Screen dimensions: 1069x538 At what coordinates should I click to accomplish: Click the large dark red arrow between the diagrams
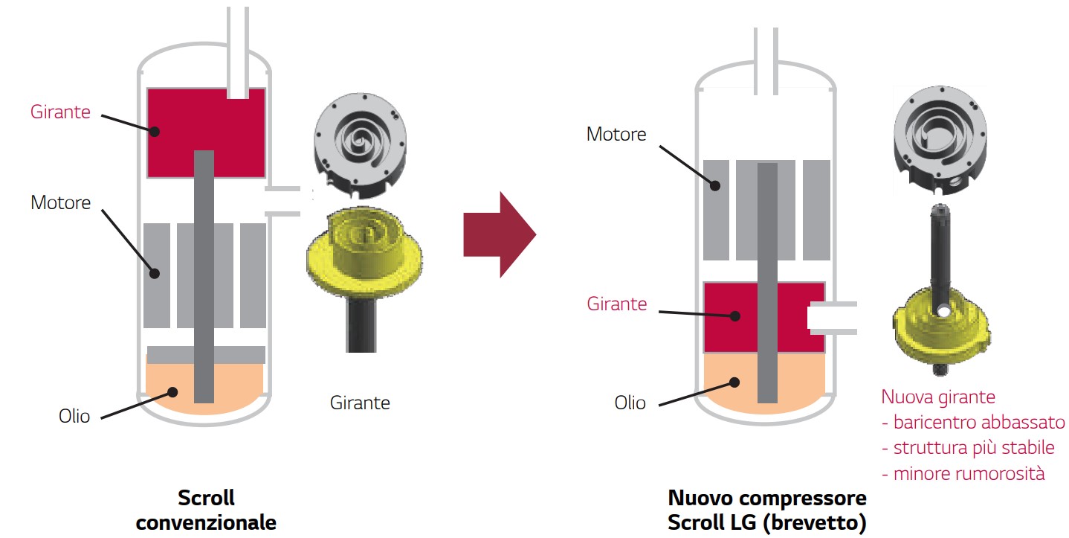499,234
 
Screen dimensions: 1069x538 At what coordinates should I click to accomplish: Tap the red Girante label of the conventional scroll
61,112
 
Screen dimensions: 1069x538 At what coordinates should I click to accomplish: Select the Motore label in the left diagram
61,202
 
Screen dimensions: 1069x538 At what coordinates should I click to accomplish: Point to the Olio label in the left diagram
74,416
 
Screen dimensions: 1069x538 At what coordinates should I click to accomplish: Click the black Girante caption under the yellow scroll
360,403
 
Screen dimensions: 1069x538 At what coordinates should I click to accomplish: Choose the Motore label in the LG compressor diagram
616,134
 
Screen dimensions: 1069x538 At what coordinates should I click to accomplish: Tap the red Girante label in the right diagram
616,304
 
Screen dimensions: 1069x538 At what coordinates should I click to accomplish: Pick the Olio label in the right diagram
630,403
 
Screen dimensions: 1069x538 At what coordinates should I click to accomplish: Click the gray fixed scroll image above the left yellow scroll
361,145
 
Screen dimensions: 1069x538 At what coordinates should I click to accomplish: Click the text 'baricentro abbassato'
979,423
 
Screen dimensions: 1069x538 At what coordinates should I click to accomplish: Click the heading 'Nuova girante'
938,397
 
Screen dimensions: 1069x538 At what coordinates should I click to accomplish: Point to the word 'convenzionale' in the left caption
206,522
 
